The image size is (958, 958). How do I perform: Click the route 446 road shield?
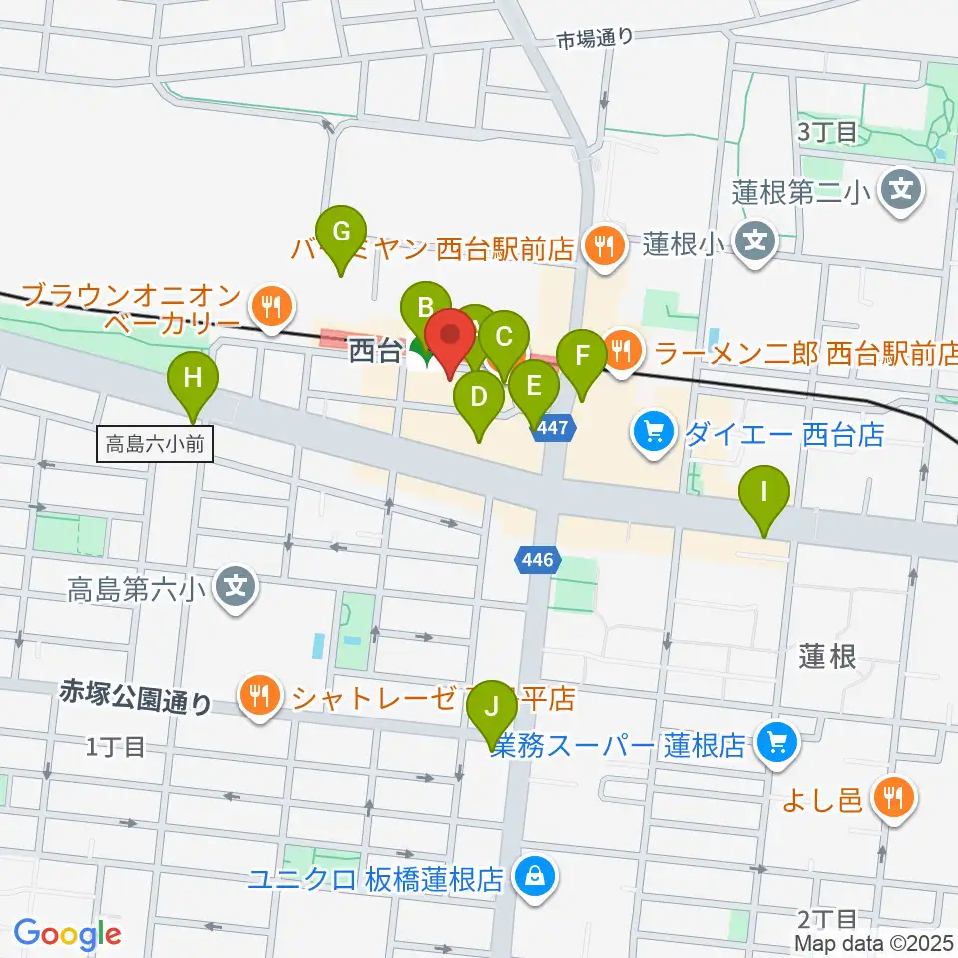coord(537,561)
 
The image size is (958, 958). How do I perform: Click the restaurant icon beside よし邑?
coord(891,797)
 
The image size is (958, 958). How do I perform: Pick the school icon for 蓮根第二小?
coord(902,188)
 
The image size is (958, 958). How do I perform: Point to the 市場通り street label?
coord(595,39)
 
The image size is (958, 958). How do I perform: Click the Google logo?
coord(68,934)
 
